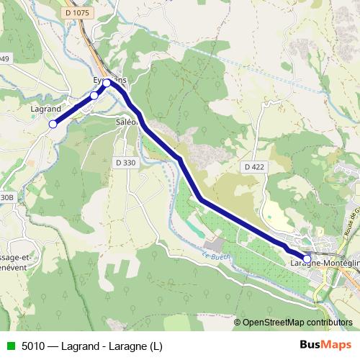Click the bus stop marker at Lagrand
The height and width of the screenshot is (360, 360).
click(x=53, y=124)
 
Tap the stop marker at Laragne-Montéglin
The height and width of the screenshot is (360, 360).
click(x=307, y=258)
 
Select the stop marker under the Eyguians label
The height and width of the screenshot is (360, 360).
click(x=107, y=83)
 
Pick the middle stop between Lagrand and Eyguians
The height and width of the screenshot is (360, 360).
click(x=94, y=95)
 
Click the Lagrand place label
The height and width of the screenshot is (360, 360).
click(x=45, y=109)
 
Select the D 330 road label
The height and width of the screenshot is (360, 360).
click(x=125, y=163)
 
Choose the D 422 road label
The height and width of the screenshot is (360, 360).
click(x=254, y=167)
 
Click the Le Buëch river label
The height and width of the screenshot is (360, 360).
click(x=213, y=255)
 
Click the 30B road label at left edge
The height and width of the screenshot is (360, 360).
click(x=6, y=197)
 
